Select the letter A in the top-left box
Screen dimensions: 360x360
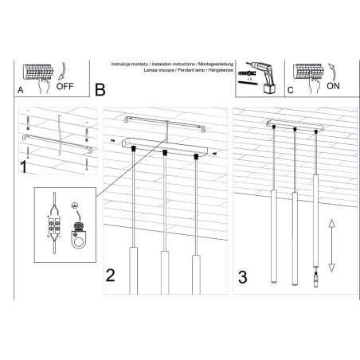click(20, 91)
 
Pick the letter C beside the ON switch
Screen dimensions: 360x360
click(290, 91)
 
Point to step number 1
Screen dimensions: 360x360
click(25, 168)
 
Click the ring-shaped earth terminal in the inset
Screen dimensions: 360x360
click(79, 238)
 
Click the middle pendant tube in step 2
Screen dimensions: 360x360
click(165, 272)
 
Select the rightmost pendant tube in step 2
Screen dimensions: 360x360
click(196, 272)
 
